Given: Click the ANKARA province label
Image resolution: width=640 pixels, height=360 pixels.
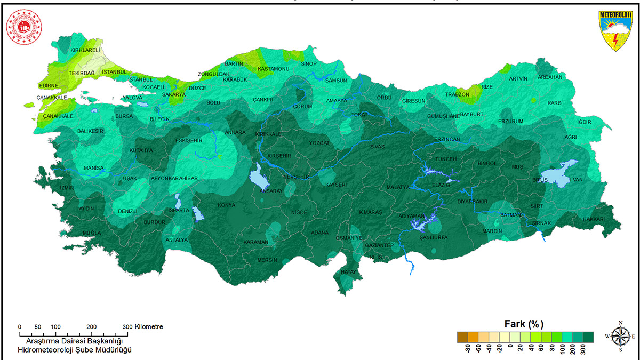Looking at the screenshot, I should click(235, 132).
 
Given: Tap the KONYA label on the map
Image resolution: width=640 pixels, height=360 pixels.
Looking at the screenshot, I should click(226, 205).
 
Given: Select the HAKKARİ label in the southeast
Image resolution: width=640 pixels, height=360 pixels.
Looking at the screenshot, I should click(594, 219).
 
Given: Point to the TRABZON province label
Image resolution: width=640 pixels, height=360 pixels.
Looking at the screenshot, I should click(457, 95).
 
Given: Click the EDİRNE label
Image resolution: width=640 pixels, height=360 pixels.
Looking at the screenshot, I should click(49, 86).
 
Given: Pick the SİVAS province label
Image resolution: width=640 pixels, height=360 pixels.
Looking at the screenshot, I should click(378, 146).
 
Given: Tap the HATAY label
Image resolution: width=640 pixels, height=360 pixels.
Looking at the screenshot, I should click(347, 273).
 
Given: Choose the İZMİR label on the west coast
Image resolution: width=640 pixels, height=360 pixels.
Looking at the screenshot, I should click(67, 188).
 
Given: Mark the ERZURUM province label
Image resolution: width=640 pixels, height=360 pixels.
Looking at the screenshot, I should click(511, 122).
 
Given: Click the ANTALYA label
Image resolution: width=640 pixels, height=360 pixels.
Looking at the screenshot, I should click(177, 240).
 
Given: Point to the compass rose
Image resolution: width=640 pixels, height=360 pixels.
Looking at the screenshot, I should click(620, 336).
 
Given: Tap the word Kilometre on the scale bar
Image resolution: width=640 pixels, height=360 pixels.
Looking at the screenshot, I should click(149, 326).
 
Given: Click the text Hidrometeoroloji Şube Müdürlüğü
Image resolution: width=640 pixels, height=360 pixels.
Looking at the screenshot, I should click(75, 350).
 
